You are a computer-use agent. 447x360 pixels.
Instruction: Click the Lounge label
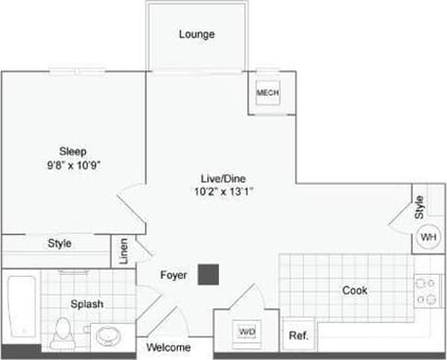coord(196,35)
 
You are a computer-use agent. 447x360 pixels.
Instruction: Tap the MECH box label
coord(267,93)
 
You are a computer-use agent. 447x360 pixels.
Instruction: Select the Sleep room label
coord(73,151)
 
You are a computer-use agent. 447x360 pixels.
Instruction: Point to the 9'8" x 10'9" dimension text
coord(73,165)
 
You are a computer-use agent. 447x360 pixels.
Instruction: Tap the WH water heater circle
coord(428,238)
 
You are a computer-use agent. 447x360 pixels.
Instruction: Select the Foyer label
coord(173,275)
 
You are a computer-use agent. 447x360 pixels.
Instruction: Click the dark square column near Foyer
coord(207,275)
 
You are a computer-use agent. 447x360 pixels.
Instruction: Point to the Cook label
coord(354,291)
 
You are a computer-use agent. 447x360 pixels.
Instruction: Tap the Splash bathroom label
coord(86,304)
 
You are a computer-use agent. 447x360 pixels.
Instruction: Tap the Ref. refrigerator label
coord(298,336)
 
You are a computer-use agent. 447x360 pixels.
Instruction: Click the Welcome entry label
coord(168,347)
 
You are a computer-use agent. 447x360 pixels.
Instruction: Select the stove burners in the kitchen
coord(425,291)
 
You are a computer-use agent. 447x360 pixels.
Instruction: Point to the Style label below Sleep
coord(59,244)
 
